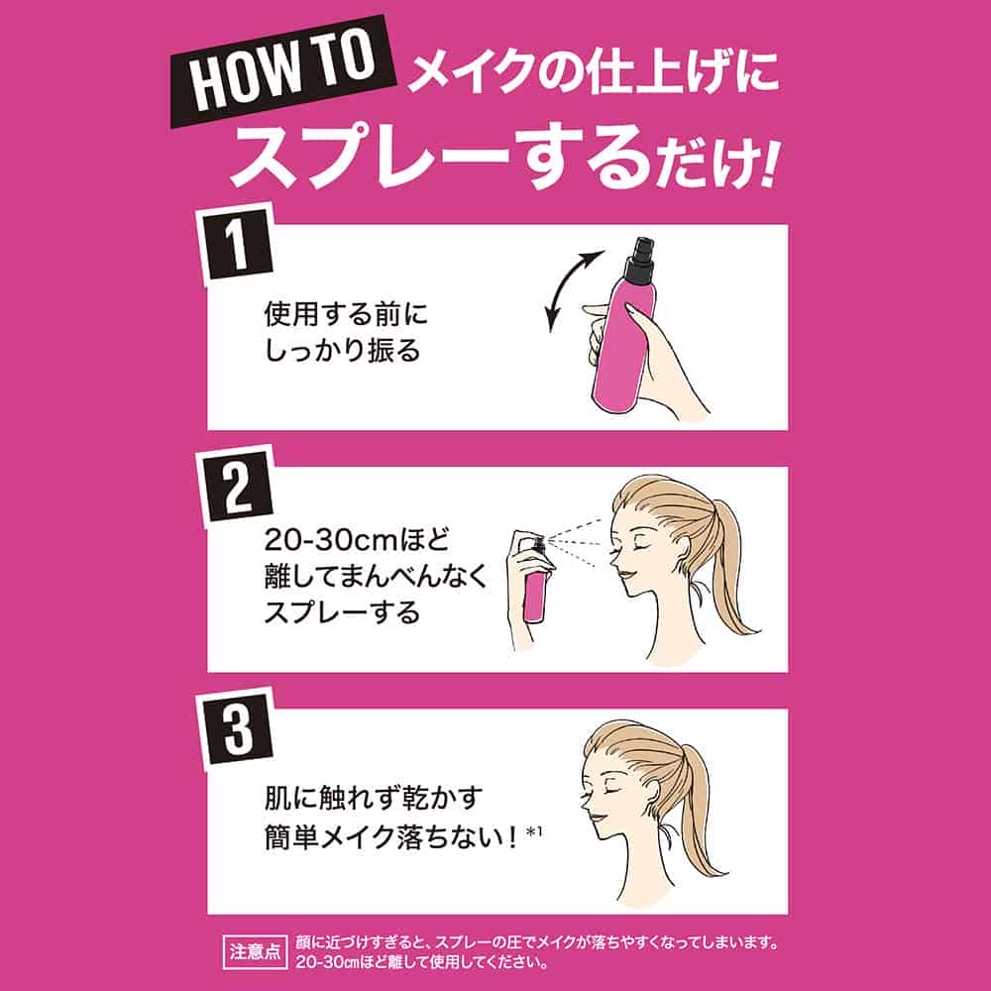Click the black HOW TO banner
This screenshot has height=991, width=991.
283,71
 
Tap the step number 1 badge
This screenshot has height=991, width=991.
238,245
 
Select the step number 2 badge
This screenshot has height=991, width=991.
238,487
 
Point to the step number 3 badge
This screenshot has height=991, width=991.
238,728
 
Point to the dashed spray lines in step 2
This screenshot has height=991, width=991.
579,542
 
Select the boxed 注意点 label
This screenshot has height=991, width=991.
256,951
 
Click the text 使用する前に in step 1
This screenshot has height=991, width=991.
346,314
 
